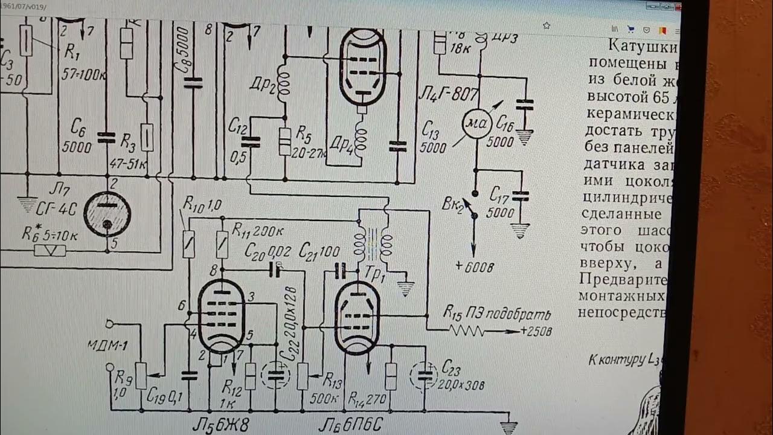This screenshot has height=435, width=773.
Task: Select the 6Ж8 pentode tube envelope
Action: pos(222,316)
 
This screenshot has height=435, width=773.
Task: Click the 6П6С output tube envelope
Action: pos(357,317)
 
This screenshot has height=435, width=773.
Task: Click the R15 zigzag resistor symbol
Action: pos(467,331)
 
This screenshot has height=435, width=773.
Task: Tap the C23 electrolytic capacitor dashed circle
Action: pos(425,376)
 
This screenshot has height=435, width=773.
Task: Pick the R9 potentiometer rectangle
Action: pos(141,375)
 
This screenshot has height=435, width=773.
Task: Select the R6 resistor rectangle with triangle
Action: pos(50,250)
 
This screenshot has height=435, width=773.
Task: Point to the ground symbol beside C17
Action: pos(520,231)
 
